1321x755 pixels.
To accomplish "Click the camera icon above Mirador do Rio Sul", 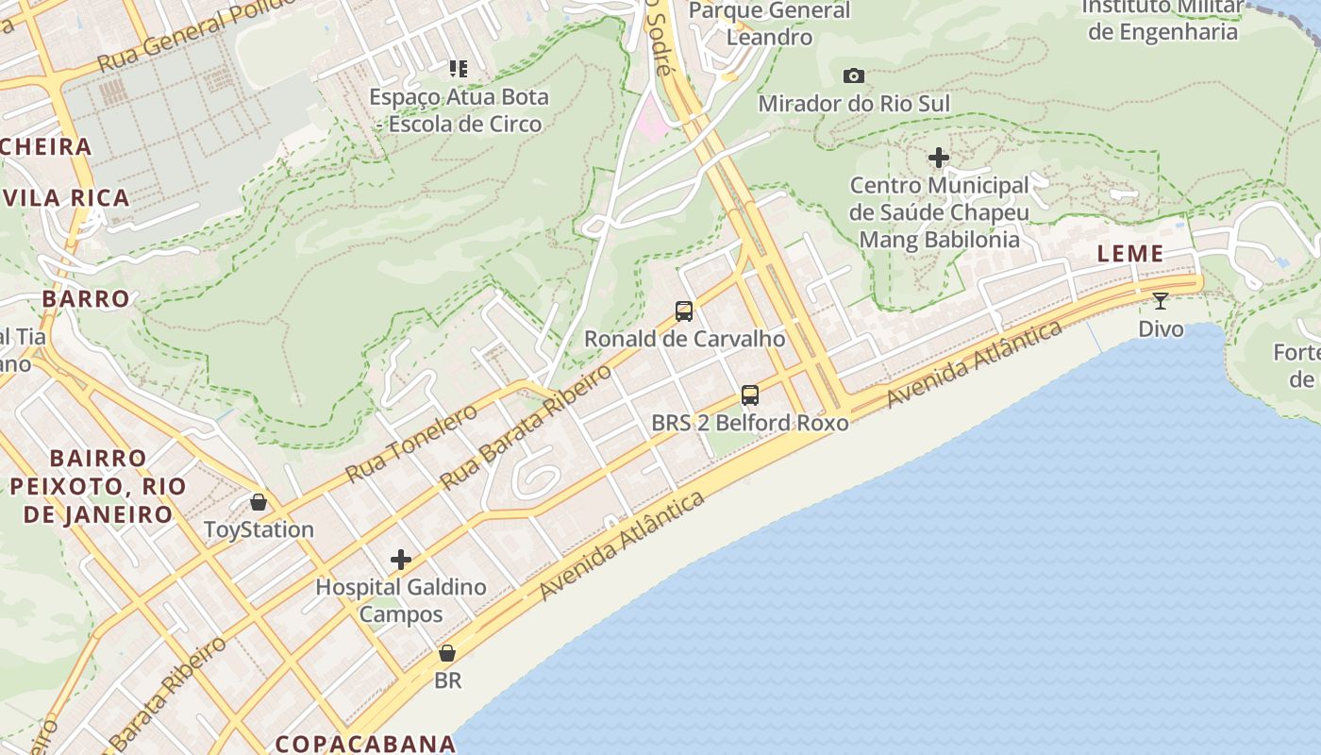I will point(854,75).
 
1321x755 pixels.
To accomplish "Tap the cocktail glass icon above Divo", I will point(1161,301).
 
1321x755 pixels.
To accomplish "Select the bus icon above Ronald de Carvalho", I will point(684,310).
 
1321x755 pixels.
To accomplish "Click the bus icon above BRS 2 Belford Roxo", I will point(750,395).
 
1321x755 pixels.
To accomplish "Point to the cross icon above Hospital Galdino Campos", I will point(401,560).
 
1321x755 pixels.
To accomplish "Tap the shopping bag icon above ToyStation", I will point(259,502).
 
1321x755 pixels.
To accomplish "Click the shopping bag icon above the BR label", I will point(447,653).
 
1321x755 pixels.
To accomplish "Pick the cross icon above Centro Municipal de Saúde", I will point(939,158).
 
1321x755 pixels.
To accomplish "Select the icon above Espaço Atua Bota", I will point(459,68).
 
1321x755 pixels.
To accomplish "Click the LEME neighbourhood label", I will point(1130,253).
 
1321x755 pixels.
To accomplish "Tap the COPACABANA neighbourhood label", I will point(366,744).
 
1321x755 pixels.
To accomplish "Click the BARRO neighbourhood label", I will point(86,299).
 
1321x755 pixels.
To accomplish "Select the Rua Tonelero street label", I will point(411,443).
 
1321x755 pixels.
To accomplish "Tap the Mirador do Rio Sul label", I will point(854,103).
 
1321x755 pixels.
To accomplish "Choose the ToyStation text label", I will point(259,529).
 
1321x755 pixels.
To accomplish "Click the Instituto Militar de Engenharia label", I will point(1162,20).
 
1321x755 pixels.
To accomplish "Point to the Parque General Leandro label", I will point(770,24).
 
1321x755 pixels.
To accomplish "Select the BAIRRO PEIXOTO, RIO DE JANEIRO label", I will point(98,486).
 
